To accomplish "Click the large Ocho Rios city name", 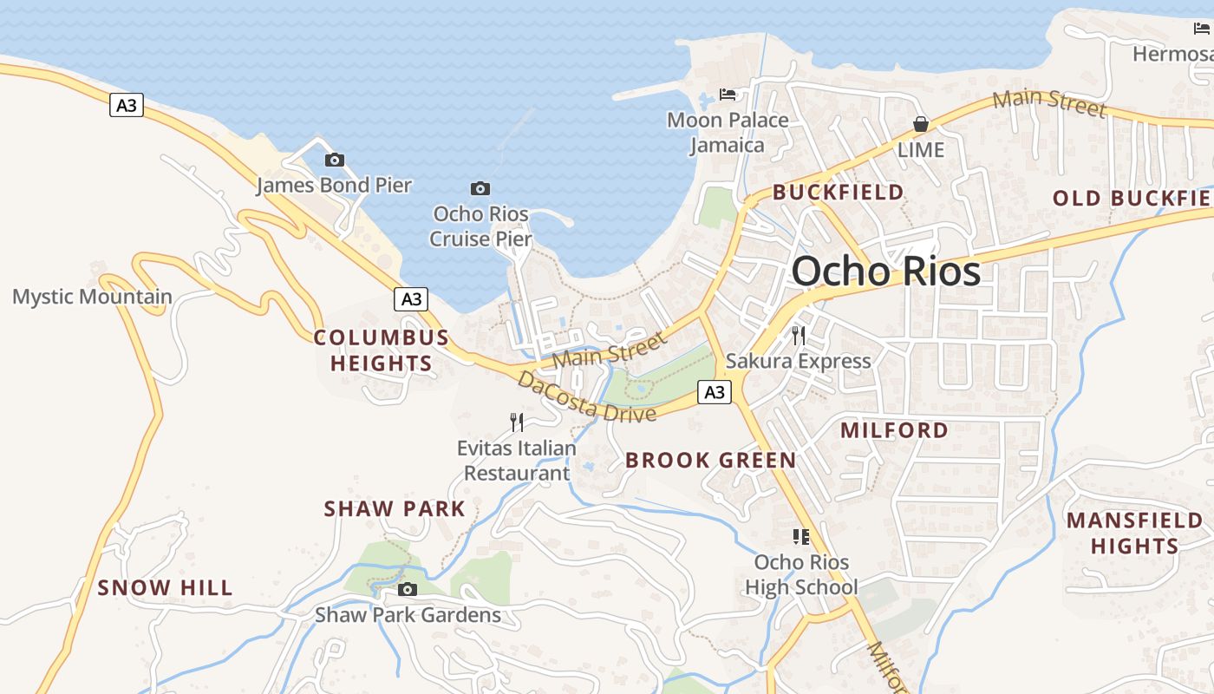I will (x=885, y=272).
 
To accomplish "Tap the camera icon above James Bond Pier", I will (x=334, y=160).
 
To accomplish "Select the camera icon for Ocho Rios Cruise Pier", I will (x=480, y=188).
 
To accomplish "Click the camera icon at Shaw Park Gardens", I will (x=407, y=590).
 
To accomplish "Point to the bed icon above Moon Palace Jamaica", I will (x=728, y=94).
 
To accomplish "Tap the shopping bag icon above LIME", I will (x=920, y=124).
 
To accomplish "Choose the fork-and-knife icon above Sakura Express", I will (x=798, y=335).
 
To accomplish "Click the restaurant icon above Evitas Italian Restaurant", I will (x=517, y=422).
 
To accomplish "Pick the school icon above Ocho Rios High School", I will (x=800, y=537).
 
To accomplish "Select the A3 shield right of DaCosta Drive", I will (x=714, y=392).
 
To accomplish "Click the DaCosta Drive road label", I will (x=586, y=396).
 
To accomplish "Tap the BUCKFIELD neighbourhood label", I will (x=838, y=192).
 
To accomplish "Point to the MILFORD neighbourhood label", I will (x=894, y=430).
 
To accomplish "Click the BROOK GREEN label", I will (x=710, y=461).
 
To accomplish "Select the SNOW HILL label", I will (x=165, y=588).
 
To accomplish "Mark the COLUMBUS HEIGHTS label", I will (x=382, y=350).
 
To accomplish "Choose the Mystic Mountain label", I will (x=92, y=297).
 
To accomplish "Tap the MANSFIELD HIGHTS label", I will (x=1134, y=534).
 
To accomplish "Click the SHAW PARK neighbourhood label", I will (x=395, y=509).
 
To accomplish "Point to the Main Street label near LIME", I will (x=1049, y=102).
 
